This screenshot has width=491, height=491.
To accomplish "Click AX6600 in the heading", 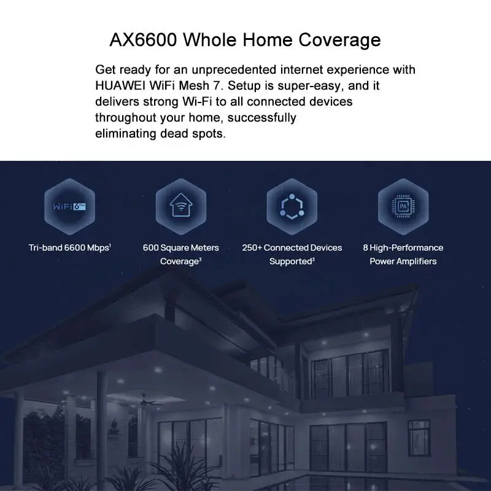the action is point(144,40).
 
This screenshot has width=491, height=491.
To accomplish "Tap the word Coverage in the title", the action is point(339,41).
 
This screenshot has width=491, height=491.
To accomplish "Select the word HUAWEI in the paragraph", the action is point(120,85).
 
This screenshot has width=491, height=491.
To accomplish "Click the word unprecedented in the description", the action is point(234,69).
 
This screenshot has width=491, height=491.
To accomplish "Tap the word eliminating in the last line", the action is point(126,134).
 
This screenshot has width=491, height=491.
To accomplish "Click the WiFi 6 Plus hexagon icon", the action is point(69,207).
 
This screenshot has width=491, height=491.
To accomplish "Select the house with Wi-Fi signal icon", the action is point(181,206).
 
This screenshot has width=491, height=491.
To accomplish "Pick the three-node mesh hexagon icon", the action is point(292,207).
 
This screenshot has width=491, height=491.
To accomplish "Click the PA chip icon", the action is point(403,207).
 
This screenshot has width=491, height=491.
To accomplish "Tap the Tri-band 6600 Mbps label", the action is point(69,248).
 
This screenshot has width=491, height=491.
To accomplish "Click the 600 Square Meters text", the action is point(181,248).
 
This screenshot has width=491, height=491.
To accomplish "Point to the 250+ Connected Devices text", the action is point(292,248).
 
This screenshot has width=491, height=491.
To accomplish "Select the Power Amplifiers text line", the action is point(403,261).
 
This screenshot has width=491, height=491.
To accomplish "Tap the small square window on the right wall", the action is point(419,433).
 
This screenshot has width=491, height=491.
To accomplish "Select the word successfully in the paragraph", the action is point(262,118).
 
